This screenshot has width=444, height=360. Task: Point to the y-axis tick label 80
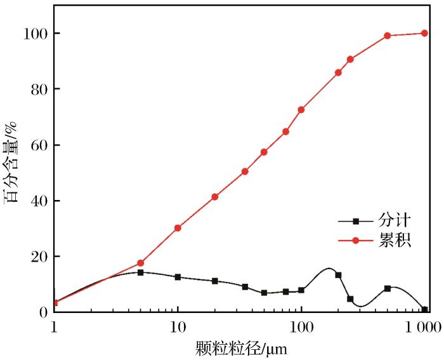pos(38,89)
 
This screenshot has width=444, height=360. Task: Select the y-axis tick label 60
pos(38,145)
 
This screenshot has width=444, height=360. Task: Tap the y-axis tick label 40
pos(38,201)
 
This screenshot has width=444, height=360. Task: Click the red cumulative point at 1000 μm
pos(424,33)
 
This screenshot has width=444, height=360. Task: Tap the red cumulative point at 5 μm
pos(141,263)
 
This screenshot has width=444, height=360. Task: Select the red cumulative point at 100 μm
pos(301,110)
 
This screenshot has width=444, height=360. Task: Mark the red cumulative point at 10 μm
pos(178,228)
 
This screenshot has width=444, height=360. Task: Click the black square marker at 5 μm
pos(141,272)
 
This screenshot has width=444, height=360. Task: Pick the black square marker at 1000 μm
pos(424,310)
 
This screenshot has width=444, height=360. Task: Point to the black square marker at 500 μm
pos(388,288)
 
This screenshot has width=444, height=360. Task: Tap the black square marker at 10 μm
pos(178,277)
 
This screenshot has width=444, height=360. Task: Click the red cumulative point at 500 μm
pos(388,36)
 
